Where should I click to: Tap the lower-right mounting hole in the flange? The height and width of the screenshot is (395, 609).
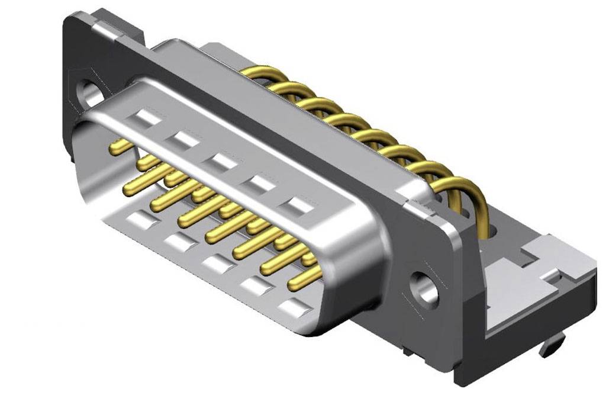(425, 290)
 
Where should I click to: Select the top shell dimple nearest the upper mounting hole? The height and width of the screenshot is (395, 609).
(146, 117)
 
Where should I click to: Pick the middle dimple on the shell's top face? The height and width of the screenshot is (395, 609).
(222, 160)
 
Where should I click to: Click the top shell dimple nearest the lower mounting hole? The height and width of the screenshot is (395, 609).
(298, 206)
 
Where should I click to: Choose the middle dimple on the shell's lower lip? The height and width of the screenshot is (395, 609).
(216, 264)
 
